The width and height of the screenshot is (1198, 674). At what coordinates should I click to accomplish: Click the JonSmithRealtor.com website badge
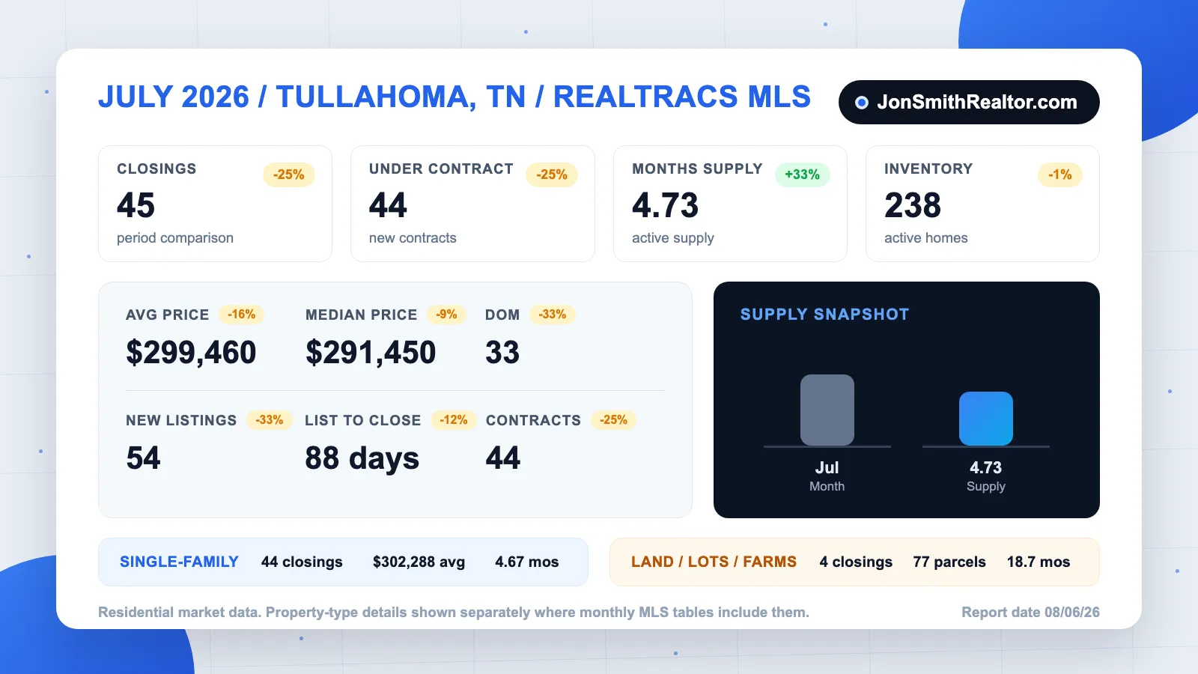pyautogui.click(x=969, y=102)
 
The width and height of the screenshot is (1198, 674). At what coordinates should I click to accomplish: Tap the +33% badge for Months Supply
pyautogui.click(x=802, y=174)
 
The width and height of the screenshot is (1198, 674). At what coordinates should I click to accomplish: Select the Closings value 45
pyautogui.click(x=136, y=205)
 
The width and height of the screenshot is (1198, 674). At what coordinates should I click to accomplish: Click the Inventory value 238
pyautogui.click(x=913, y=205)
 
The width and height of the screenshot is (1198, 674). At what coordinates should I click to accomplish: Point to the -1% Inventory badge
pyautogui.click(x=1060, y=174)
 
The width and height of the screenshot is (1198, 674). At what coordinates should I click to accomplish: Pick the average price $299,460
pyautogui.click(x=191, y=353)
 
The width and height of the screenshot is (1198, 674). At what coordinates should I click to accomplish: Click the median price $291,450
pyautogui.click(x=371, y=353)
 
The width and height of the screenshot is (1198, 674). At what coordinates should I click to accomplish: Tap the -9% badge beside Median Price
pyautogui.click(x=446, y=314)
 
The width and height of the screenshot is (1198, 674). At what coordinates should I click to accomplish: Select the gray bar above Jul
pyautogui.click(x=827, y=410)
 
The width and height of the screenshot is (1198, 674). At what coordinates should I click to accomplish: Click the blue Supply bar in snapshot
pyautogui.click(x=985, y=419)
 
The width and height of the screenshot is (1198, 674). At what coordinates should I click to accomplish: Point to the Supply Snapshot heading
pyautogui.click(x=824, y=314)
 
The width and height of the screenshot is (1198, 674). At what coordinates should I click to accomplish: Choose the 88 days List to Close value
pyautogui.click(x=362, y=458)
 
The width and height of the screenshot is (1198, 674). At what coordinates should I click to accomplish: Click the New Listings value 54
pyautogui.click(x=143, y=458)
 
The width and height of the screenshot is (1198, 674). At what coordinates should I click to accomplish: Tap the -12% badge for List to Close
pyautogui.click(x=454, y=420)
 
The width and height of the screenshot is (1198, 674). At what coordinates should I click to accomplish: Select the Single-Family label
pyautogui.click(x=179, y=562)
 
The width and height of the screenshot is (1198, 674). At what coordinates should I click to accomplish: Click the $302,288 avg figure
pyautogui.click(x=419, y=562)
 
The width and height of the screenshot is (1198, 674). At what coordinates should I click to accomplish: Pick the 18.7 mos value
pyautogui.click(x=1039, y=562)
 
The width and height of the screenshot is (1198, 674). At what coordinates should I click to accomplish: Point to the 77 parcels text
pyautogui.click(x=949, y=562)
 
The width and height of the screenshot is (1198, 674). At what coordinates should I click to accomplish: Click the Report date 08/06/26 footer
pyautogui.click(x=1030, y=612)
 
